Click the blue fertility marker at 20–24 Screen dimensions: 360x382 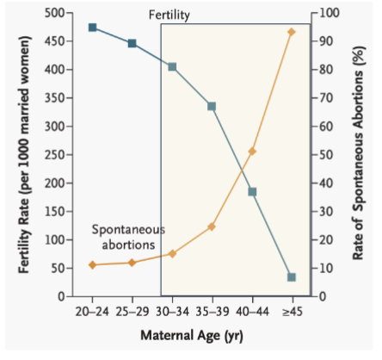[92, 28]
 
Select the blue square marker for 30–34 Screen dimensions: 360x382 [172, 66]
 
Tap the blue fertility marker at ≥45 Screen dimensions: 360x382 [292, 277]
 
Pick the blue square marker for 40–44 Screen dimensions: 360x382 [252, 191]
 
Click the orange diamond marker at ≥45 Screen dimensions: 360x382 [292, 32]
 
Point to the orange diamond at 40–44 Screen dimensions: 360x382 [252, 152]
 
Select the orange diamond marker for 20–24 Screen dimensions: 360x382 [92, 265]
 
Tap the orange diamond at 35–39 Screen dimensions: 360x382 [212, 227]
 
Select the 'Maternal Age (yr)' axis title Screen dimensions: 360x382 [191, 335]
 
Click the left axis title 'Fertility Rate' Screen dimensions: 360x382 [26, 155]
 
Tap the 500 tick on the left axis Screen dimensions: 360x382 [55, 13]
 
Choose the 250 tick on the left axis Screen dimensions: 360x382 [55, 155]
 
